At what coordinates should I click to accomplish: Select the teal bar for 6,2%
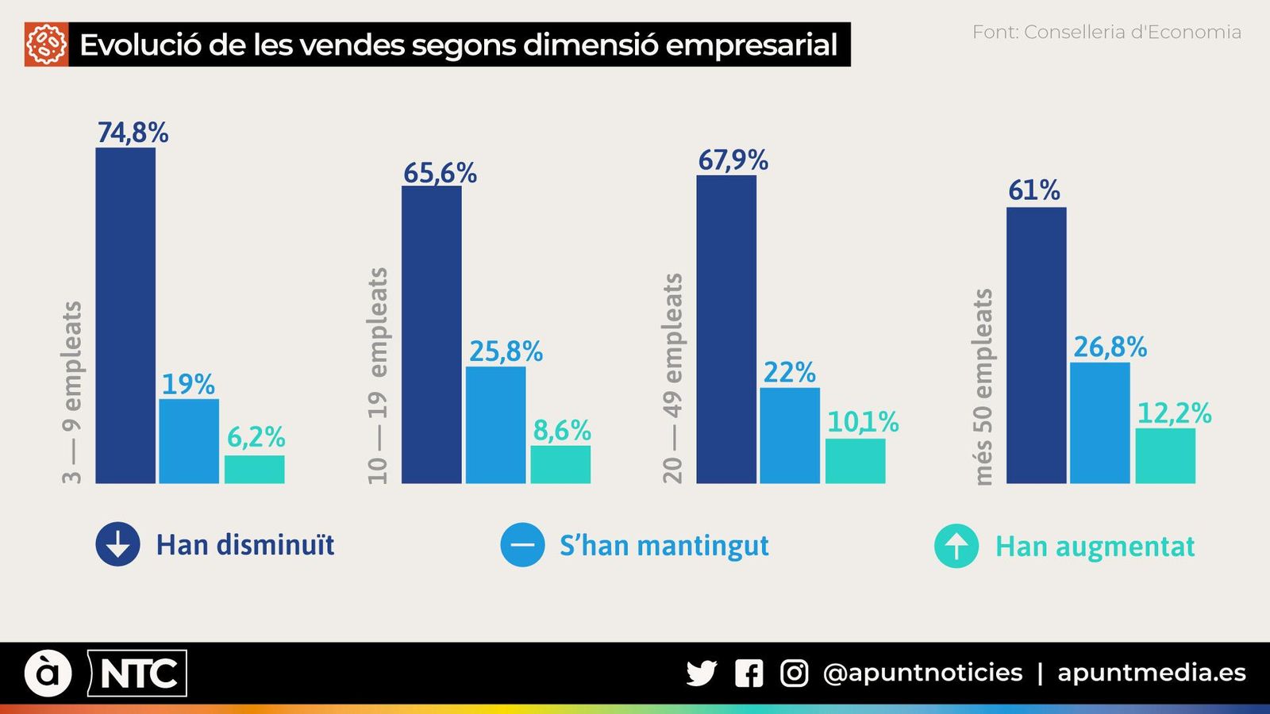pyautogui.click(x=254, y=469)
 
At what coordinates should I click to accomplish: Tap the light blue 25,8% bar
pyautogui.click(x=495, y=424)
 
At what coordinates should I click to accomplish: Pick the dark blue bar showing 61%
pyautogui.click(x=1036, y=345)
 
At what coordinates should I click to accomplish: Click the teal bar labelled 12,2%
pyautogui.click(x=1164, y=455)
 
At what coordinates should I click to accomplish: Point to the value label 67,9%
pyautogui.click(x=733, y=160)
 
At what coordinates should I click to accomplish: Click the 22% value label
pyautogui.click(x=789, y=372)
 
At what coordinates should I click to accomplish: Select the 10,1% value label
pyautogui.click(x=862, y=421)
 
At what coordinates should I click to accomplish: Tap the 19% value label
pyautogui.click(x=188, y=385)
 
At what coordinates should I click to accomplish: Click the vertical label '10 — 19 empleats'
pyautogui.click(x=378, y=375)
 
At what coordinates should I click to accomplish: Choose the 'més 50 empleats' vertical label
pyautogui.click(x=983, y=386)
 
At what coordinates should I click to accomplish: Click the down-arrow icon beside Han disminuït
pyautogui.click(x=117, y=544)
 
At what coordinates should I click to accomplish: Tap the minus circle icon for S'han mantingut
pyautogui.click(x=522, y=545)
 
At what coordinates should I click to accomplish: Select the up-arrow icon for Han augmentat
pyautogui.click(x=956, y=546)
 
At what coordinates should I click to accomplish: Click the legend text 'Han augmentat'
pyautogui.click(x=1095, y=547)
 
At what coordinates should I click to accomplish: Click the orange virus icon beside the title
pyautogui.click(x=46, y=44)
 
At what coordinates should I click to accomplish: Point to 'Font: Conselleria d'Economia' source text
pyautogui.click(x=1106, y=33)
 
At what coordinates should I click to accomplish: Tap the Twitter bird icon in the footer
pyautogui.click(x=701, y=673)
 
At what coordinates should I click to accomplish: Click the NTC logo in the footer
pyautogui.click(x=137, y=674)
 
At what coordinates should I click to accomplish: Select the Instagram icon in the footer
pyautogui.click(x=794, y=673)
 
